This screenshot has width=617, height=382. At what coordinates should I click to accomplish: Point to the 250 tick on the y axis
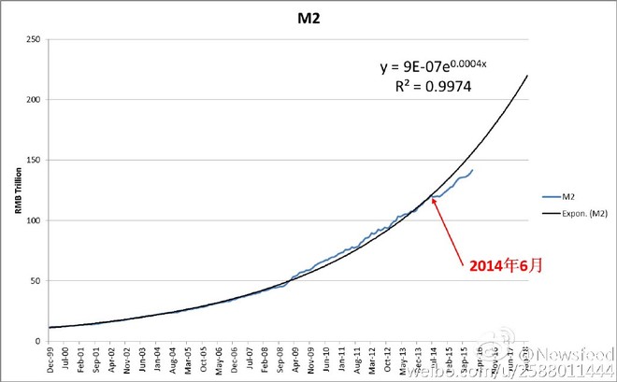coord(35,39)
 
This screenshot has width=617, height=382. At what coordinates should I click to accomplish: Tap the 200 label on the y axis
coord(35,100)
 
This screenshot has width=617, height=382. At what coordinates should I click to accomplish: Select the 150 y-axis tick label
coord(35,160)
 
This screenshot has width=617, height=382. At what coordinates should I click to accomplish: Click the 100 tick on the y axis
coord(35,220)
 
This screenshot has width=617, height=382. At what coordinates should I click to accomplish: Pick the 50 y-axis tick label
coord(36,281)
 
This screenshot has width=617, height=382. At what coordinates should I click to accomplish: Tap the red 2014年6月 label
coord(506,265)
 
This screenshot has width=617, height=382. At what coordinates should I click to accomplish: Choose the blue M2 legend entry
coord(567,197)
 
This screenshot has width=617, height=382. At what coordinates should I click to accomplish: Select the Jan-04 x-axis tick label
coord(158,358)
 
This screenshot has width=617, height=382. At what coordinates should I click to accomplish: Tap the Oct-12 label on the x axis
coord(388,358)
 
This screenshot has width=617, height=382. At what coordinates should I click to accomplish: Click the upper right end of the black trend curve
coord(528,76)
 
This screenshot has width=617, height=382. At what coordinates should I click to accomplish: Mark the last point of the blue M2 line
coord(473,170)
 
